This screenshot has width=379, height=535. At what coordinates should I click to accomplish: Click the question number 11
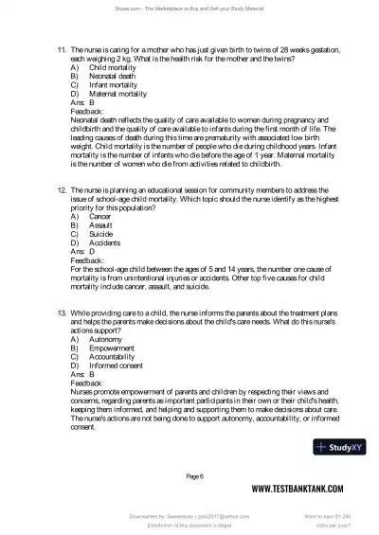click(x=62, y=45)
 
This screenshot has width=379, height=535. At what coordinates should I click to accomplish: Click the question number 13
click(x=62, y=311)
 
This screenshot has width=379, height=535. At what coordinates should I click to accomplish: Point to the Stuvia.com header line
click(x=189, y=10)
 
